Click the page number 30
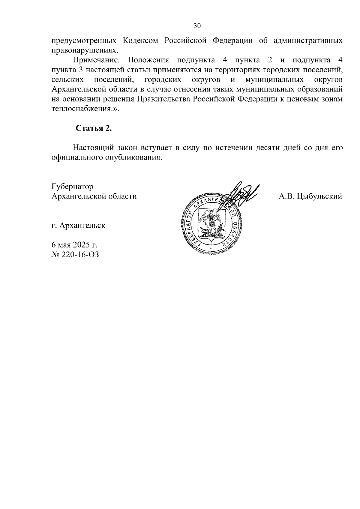(197, 26)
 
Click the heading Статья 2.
(94, 128)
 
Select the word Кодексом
(141, 40)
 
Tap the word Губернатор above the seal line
(72, 187)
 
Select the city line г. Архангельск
(78, 225)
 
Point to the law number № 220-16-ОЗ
(75, 255)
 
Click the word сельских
(67, 79)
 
